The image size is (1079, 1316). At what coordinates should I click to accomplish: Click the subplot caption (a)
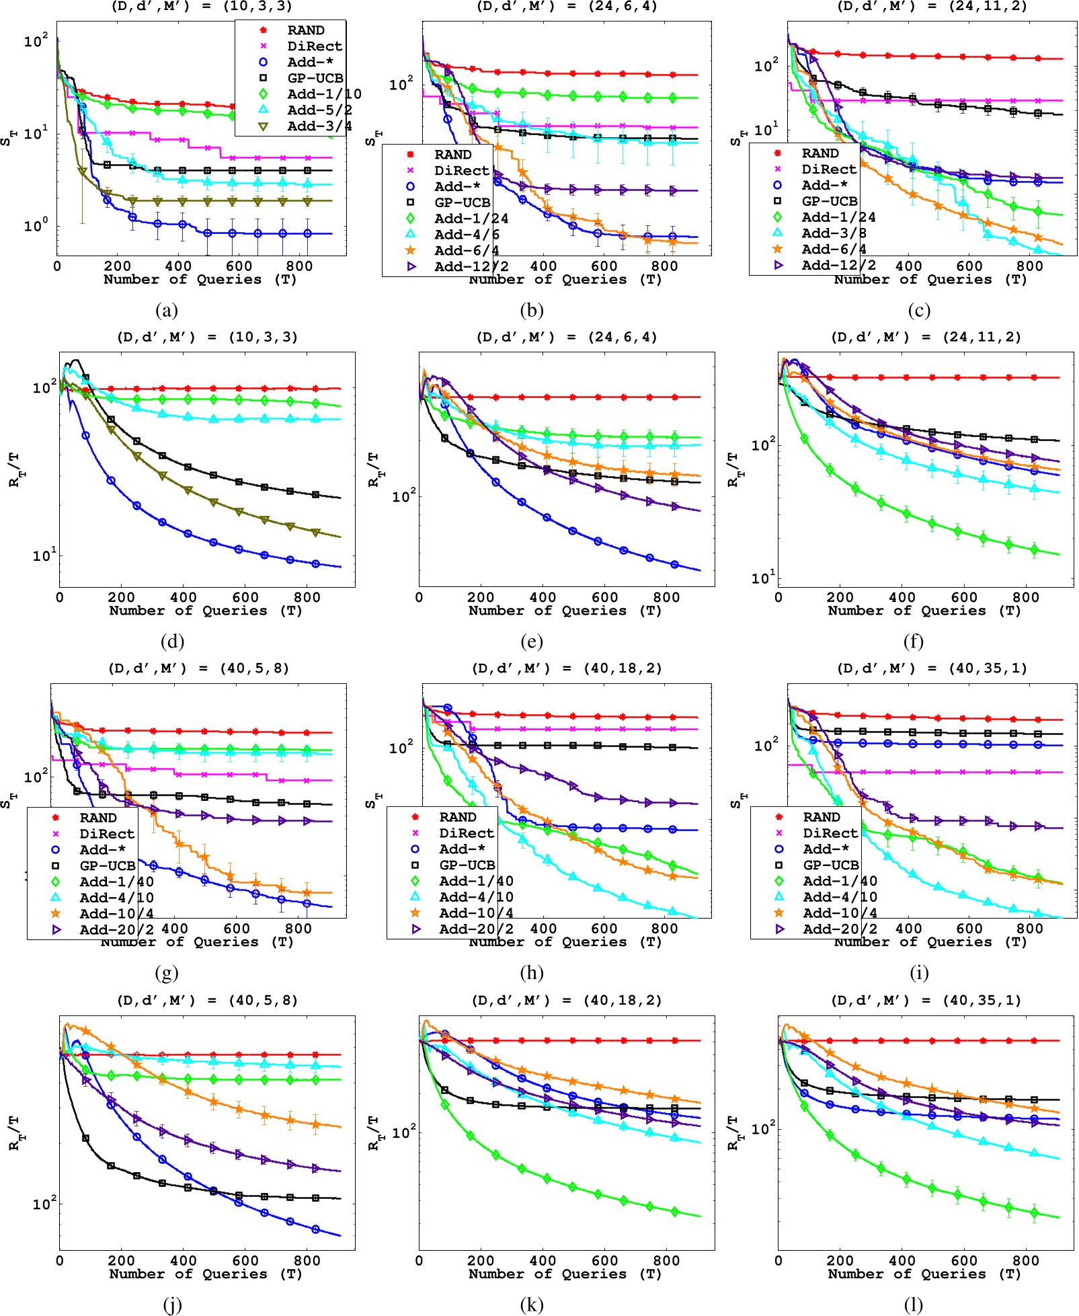tap(166, 310)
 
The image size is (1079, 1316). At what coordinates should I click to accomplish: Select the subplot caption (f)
tap(913, 642)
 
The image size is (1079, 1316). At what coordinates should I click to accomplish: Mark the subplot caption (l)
tap(913, 1305)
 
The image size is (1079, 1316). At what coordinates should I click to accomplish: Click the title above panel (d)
tap(207, 338)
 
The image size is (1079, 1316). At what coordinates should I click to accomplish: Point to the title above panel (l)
tap(926, 1001)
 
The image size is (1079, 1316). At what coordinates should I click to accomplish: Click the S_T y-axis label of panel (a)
tap(7, 139)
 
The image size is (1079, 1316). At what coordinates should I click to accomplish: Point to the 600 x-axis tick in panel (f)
tap(963, 597)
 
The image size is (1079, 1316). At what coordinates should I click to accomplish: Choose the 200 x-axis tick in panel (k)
tap(481, 1260)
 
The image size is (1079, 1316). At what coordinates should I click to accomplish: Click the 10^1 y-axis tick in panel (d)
tap(44, 555)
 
